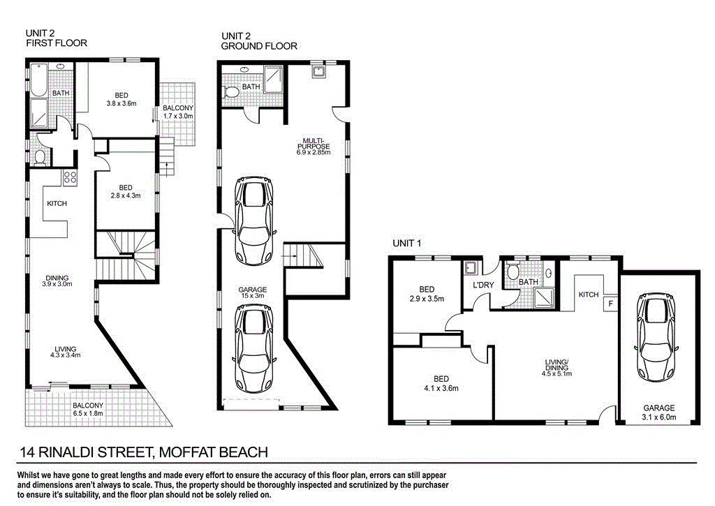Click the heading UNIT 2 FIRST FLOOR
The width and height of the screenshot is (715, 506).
[56, 38]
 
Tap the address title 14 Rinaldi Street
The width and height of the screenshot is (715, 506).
[144, 452]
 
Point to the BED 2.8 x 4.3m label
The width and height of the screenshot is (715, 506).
[126, 191]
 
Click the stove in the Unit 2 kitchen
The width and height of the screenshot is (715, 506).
[70, 177]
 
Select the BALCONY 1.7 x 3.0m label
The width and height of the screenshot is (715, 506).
[178, 112]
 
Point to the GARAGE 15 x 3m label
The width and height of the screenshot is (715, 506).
[252, 294]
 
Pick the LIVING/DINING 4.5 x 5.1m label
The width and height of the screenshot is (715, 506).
[557, 367]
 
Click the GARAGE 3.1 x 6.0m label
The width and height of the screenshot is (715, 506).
[658, 412]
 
